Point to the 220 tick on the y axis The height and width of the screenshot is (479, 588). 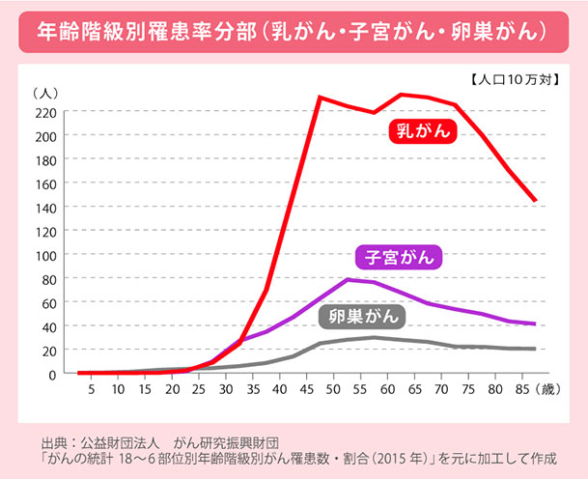click(x=46, y=112)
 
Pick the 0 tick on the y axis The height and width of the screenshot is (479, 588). click(x=54, y=374)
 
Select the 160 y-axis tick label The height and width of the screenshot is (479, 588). click(x=46, y=183)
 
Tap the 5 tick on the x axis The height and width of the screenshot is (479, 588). click(x=92, y=389)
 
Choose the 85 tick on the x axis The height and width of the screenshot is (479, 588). click(x=520, y=389)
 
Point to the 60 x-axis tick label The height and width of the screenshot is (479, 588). click(x=387, y=389)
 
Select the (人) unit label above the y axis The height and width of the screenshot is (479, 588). click(x=46, y=93)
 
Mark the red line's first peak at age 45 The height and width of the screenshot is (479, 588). click(x=320, y=98)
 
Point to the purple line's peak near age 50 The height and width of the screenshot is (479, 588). click(x=347, y=280)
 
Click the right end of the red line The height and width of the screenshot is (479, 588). click(x=535, y=201)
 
